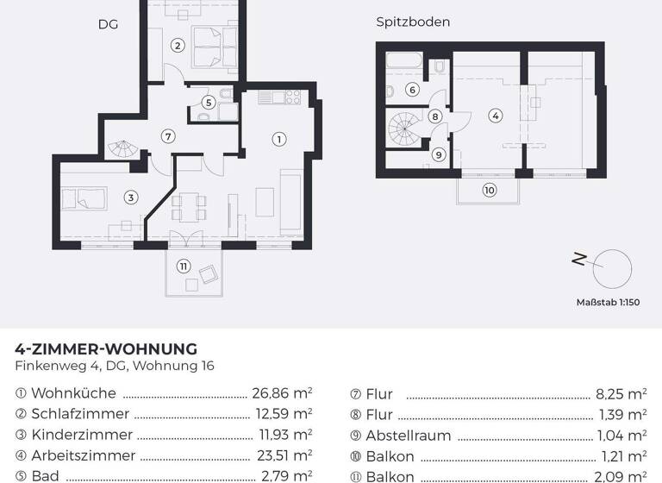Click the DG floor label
point(108,25)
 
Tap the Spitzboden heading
point(413,22)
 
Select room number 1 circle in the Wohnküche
point(279,138)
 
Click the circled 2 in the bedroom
point(177,46)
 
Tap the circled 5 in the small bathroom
point(208,102)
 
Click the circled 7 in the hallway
point(168,135)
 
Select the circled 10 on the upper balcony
point(490,191)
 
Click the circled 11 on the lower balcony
point(183,266)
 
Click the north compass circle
point(612,267)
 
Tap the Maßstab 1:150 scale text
point(608,303)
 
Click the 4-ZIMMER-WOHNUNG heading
point(106,349)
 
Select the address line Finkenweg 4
point(115,366)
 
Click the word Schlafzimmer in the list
point(80,414)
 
